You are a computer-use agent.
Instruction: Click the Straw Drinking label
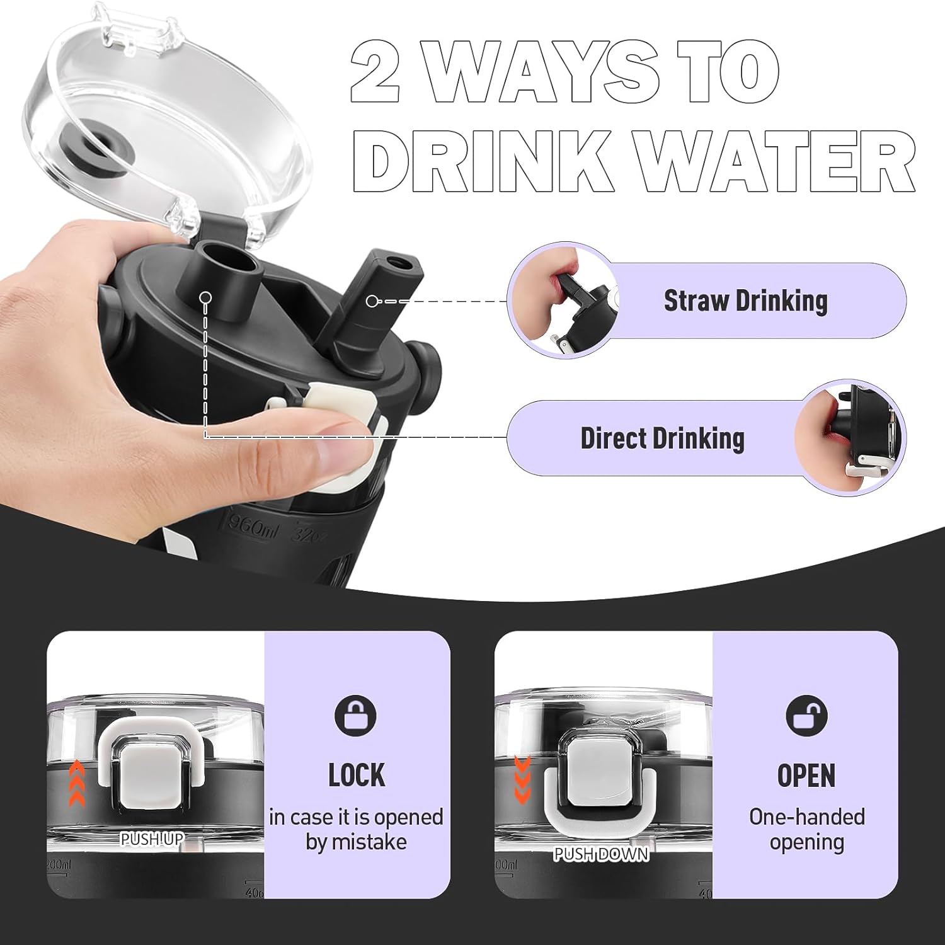[745, 301]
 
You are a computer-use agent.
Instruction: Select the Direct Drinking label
[662, 438]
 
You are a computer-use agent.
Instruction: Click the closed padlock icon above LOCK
[356, 715]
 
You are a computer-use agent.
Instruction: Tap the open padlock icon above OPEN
[806, 715]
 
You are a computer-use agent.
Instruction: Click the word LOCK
[357, 775]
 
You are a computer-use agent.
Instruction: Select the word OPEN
[806, 775]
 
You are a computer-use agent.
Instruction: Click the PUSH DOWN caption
[600, 854]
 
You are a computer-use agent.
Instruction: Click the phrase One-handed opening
[806, 829]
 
